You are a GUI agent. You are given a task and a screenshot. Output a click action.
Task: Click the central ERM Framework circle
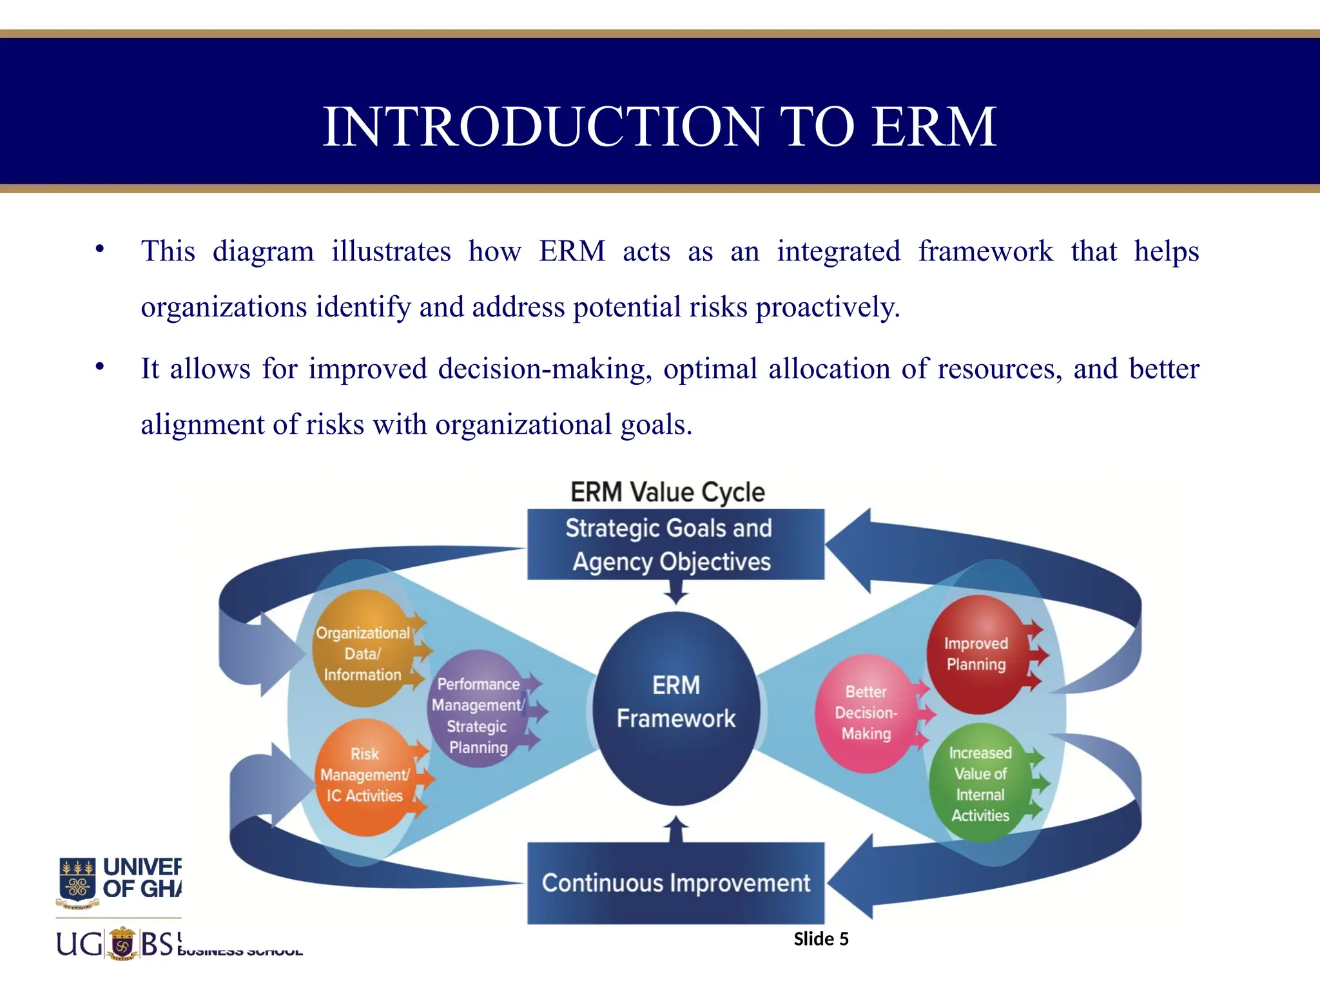point(675,708)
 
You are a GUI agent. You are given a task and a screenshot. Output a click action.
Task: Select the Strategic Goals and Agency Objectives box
point(675,545)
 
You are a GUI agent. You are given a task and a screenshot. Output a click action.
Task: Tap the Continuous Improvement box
point(675,883)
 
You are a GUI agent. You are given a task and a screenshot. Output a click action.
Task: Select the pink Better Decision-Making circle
point(866,713)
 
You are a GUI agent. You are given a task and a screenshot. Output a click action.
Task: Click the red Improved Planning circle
point(976,654)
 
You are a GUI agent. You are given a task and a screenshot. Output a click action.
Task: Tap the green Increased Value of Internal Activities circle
point(980,784)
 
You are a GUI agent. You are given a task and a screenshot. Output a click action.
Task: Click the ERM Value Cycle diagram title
point(668,492)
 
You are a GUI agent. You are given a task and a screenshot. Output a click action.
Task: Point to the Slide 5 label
point(820,939)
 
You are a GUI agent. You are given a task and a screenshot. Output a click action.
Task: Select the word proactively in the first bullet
point(828,307)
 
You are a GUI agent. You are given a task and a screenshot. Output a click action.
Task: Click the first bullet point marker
point(99,249)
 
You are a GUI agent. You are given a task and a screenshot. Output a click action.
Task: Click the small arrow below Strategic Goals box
point(675,592)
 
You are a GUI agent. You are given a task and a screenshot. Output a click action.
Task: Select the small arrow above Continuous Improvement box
point(675,829)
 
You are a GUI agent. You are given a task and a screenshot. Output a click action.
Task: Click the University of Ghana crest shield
point(78,880)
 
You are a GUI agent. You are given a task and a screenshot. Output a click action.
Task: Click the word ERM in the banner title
point(934,126)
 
